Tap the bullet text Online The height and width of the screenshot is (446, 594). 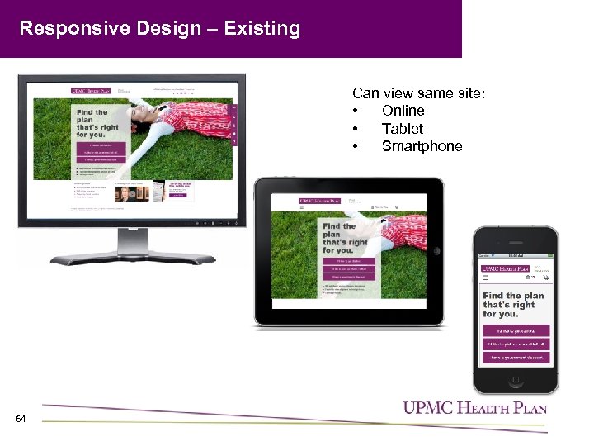(x=403, y=111)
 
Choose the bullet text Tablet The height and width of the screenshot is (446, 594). (x=402, y=129)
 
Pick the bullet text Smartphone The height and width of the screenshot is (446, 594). (x=422, y=147)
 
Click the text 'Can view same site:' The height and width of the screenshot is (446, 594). (x=418, y=93)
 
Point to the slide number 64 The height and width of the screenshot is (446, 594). (x=21, y=420)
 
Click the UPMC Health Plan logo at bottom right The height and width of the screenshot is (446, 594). (x=474, y=407)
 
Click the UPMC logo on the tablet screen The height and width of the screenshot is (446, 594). (x=320, y=201)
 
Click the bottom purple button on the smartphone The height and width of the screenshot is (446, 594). (x=514, y=358)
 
